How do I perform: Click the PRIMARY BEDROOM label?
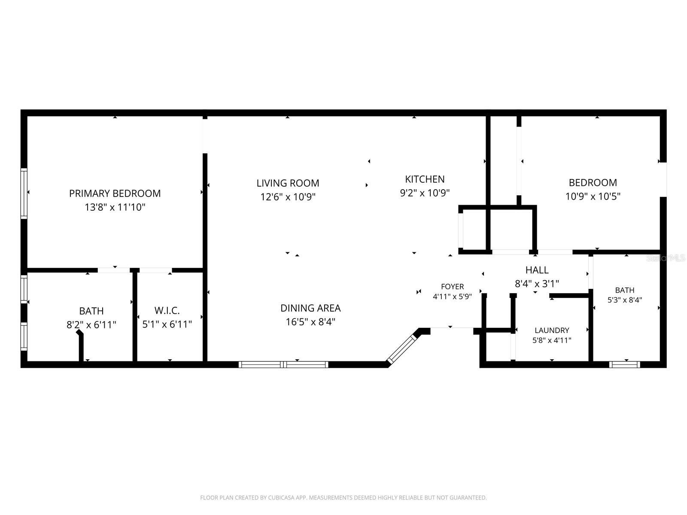pos(115,193)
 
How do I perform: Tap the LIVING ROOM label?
pos(288,183)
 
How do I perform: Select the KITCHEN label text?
pos(425,179)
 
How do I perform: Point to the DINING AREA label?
pos(310,308)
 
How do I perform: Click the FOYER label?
pos(452,286)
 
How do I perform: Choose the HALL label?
pos(537,270)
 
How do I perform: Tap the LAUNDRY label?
pos(552,330)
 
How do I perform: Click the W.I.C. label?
pos(167,310)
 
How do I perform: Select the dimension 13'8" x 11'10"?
pos(115,207)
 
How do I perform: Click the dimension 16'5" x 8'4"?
pos(310,322)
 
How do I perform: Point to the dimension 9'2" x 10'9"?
pos(425,193)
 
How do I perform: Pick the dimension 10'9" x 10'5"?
pos(593,197)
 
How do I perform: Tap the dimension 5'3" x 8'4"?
pos(625,300)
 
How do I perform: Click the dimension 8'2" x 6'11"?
pos(91,325)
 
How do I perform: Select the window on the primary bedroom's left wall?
pos(24,193)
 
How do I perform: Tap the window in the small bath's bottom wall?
pos(624,364)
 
